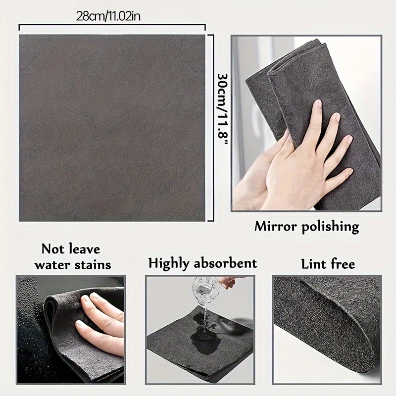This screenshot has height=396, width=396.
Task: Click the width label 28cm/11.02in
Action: coord(108,16)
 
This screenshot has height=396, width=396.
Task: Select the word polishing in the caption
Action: coord(330,227)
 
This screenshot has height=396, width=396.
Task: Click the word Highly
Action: coord(168,263)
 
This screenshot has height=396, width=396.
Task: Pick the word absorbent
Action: coord(225,263)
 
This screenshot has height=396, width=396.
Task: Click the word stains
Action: coord(93,265)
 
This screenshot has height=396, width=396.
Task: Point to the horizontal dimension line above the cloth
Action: coord(112,24)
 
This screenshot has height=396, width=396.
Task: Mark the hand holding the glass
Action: coord(227,282)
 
